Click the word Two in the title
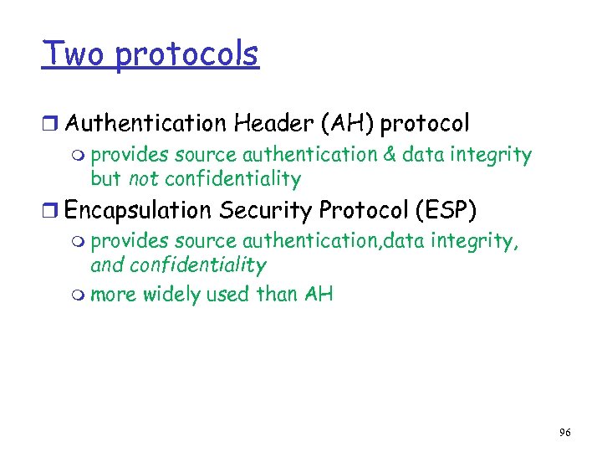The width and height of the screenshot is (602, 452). pyautogui.click(x=74, y=54)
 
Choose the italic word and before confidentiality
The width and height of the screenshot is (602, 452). pyautogui.click(x=106, y=266)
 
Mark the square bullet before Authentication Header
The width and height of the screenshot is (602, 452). pyautogui.click(x=53, y=125)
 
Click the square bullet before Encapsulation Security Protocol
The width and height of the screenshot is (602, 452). pyautogui.click(x=53, y=211)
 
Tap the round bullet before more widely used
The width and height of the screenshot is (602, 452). pyautogui.click(x=80, y=295)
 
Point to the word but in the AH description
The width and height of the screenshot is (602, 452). pyautogui.click(x=106, y=179)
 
